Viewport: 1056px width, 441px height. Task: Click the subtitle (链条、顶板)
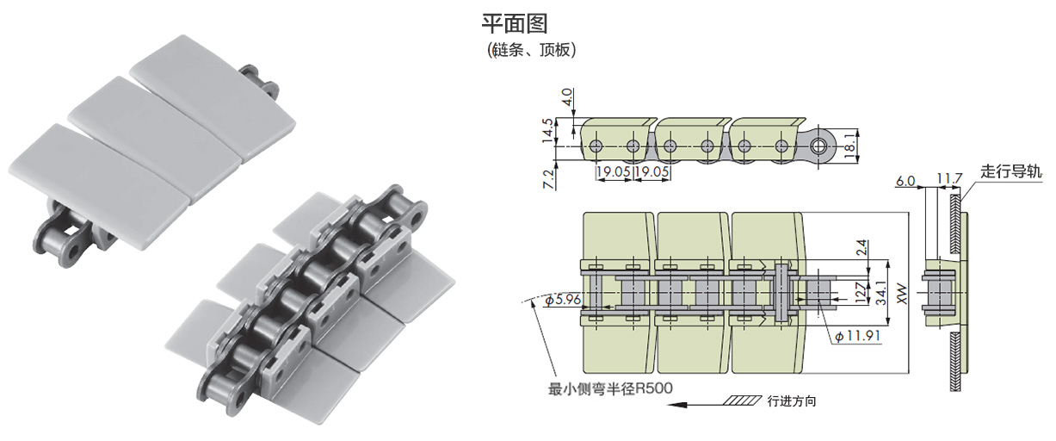pyautogui.click(x=531, y=50)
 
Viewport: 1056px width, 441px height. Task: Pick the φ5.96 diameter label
pyautogui.click(x=561, y=301)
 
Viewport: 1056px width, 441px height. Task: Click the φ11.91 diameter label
pyautogui.click(x=856, y=336)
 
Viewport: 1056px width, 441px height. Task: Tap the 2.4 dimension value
pyautogui.click(x=863, y=247)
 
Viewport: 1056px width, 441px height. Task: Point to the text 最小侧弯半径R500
pyautogui.click(x=610, y=388)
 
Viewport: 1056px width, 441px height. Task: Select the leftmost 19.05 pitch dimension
pyautogui.click(x=614, y=172)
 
